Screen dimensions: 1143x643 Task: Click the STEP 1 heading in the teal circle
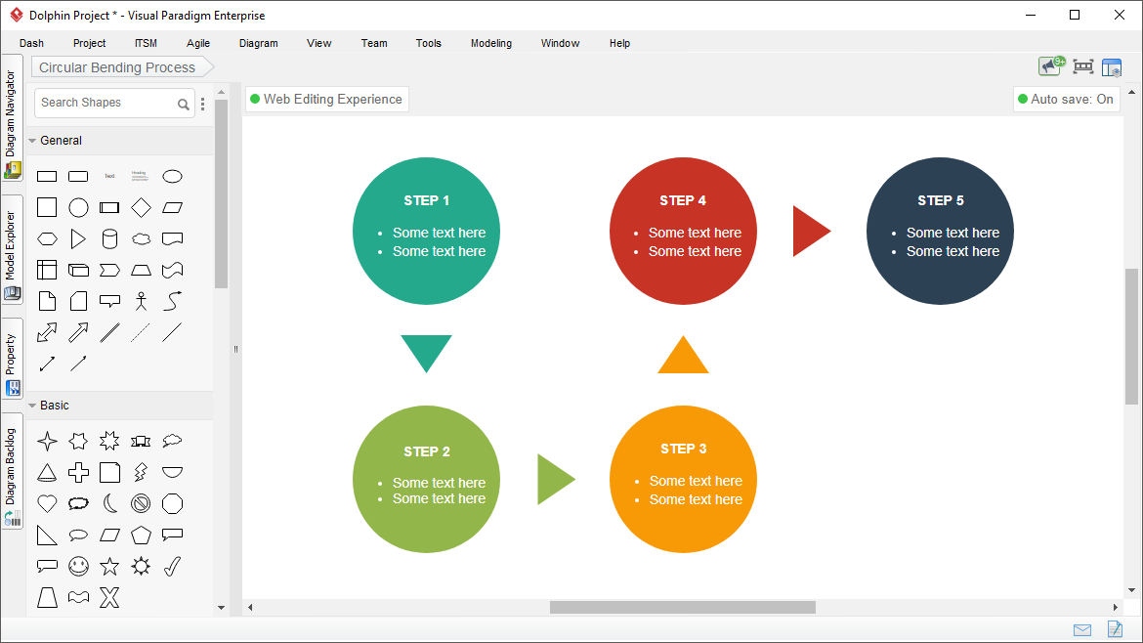427,200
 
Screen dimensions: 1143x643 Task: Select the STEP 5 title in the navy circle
941,200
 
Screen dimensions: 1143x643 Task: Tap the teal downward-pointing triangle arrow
427,353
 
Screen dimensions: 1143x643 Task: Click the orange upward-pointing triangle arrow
683,355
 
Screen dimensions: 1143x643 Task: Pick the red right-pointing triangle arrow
809,231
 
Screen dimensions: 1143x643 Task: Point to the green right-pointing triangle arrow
554,479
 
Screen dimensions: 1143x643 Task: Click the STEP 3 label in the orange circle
684,450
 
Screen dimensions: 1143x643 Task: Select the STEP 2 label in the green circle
427,452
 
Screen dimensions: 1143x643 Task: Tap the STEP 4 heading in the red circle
683,200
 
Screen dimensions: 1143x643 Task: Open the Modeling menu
491,43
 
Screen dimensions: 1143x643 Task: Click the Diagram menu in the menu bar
259,43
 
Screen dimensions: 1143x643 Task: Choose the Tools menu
429,43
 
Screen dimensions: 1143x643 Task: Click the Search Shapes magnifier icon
183,105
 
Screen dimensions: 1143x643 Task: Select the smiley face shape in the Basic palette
79,566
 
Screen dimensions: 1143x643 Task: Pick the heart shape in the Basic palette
48,503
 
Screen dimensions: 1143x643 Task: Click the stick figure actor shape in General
141,301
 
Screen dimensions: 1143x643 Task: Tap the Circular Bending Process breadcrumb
117,67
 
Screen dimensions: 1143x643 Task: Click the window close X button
1120,16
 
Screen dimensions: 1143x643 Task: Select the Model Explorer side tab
12,248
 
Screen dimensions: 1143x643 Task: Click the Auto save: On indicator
1066,99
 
